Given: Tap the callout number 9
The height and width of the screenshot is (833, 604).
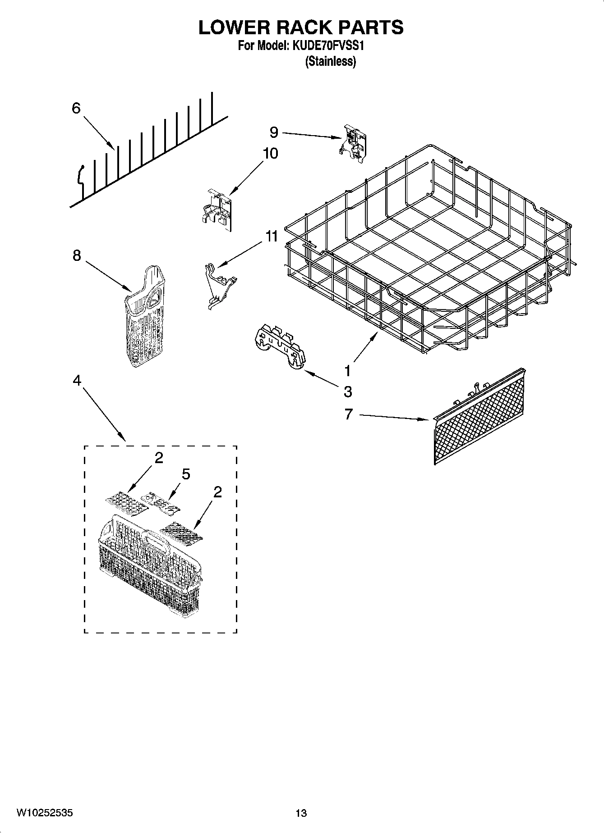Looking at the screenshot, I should pyautogui.click(x=274, y=132).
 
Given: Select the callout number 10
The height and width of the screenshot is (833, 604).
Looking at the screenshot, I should pyautogui.click(x=270, y=154).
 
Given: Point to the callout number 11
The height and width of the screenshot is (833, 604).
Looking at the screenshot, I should pyautogui.click(x=272, y=236).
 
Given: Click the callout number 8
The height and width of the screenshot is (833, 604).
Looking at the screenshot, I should pyautogui.click(x=77, y=255).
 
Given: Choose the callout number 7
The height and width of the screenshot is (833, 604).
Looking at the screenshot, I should pyautogui.click(x=348, y=414).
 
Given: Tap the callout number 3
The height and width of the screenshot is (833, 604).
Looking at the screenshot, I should pyautogui.click(x=348, y=391).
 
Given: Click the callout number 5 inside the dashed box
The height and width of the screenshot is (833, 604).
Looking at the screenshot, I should pyautogui.click(x=186, y=474).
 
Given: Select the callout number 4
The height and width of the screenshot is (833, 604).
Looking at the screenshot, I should pyautogui.click(x=77, y=381).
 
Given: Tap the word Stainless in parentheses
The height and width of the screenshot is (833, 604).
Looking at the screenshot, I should pyautogui.click(x=331, y=62).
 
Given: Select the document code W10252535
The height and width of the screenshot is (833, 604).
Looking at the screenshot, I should pyautogui.click(x=44, y=813).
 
